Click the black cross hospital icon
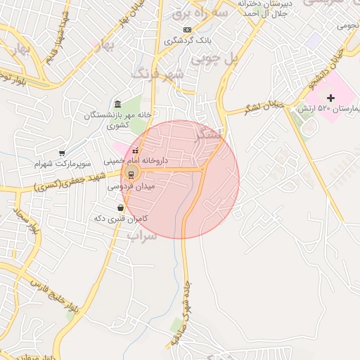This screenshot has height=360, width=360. click(331, 97)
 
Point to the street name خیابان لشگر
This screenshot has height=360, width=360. click(264, 106)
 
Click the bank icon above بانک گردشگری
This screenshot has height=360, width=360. click(186, 30)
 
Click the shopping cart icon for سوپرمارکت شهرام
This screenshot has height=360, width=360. click(62, 153)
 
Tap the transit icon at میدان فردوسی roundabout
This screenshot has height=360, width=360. click(130, 174)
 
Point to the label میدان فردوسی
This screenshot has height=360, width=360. click(131, 187)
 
